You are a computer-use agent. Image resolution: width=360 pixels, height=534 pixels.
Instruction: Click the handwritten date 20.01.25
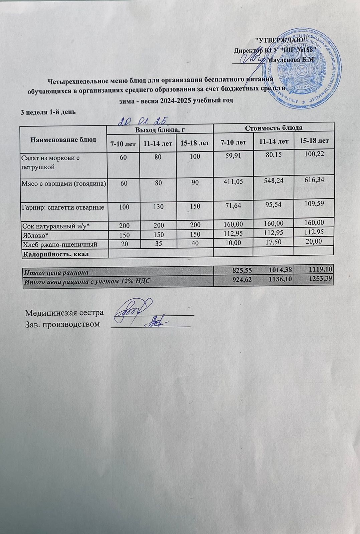(x=142, y=120)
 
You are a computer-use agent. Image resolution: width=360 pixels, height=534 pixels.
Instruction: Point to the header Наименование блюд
(x=63, y=139)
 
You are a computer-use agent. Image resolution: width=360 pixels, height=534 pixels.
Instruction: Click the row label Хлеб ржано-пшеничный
(x=60, y=244)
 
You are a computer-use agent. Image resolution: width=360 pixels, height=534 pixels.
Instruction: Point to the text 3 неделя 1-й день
(x=48, y=112)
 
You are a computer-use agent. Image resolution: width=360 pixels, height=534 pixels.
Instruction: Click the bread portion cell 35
(x=158, y=244)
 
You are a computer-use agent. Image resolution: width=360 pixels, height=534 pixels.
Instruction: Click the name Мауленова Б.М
(x=292, y=59)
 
